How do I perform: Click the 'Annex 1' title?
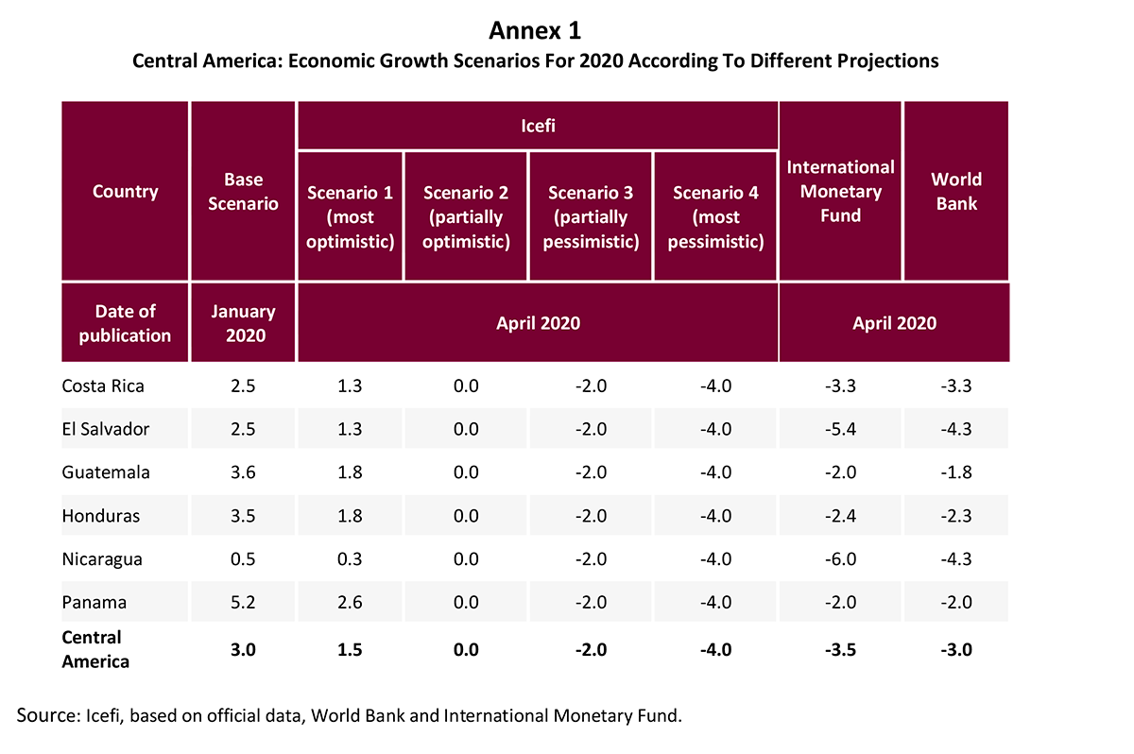coord(535,31)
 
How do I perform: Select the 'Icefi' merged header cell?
coord(538,125)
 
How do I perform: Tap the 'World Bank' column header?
coord(956,191)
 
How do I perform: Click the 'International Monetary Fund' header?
coord(840,191)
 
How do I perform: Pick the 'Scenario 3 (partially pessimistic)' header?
coord(591,216)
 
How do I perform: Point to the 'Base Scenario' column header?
coord(243,191)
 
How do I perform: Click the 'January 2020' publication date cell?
coord(243,322)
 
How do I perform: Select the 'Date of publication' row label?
coord(125,322)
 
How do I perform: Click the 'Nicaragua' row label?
coord(102,558)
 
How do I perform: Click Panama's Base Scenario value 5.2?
coord(243,603)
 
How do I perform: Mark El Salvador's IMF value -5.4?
coord(840,429)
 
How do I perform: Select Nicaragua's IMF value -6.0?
coord(840,558)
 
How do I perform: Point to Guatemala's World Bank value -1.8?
coord(956,472)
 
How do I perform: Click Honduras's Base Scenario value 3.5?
coord(243,516)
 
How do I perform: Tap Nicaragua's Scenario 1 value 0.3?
coord(350,558)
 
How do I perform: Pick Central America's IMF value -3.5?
coord(840,649)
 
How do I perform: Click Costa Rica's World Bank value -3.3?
coord(956,386)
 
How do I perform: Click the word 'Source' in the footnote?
coord(43,715)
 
